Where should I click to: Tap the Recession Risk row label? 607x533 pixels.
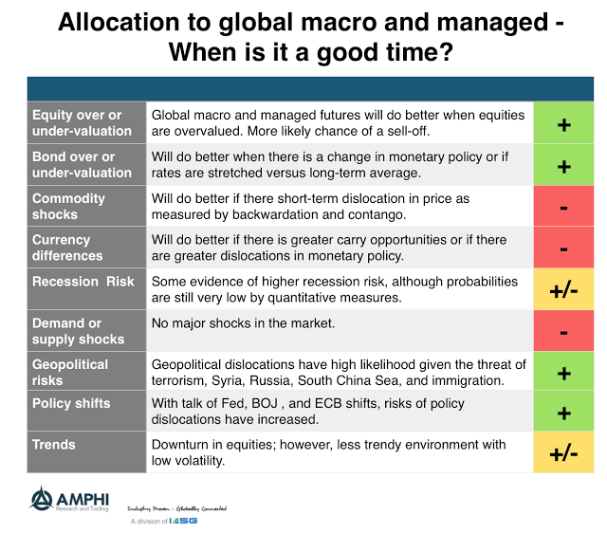pyautogui.click(x=83, y=281)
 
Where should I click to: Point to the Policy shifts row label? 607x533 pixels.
pyautogui.click(x=71, y=403)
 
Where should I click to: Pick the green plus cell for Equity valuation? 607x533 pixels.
pyautogui.click(x=563, y=123)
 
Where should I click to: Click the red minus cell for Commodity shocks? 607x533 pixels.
pyautogui.click(x=563, y=207)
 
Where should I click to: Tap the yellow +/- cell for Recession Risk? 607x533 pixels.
pyautogui.click(x=563, y=289)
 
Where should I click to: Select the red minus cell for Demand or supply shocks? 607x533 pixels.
pyautogui.click(x=563, y=331)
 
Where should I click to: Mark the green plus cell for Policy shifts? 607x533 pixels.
pyautogui.click(x=563, y=414)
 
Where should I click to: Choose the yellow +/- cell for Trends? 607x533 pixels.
pyautogui.click(x=563, y=453)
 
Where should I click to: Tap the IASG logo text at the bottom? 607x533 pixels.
pyautogui.click(x=186, y=522)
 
